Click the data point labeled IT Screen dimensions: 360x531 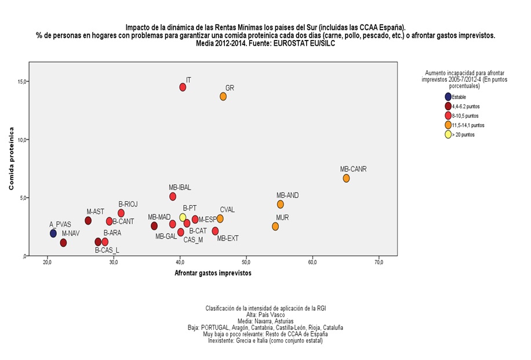point(183,87)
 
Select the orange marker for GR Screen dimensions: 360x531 point(223,96)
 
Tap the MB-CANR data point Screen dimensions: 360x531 point(346,179)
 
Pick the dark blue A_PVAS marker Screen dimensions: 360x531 point(53,233)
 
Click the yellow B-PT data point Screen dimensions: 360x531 point(183,217)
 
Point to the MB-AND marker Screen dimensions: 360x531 point(281,204)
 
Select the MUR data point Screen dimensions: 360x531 point(275,226)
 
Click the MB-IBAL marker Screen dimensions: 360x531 point(173,197)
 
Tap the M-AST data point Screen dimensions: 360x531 point(88,221)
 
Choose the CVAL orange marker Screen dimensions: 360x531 point(220,219)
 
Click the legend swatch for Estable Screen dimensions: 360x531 point(448,97)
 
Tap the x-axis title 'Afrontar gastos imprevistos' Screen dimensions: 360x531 point(213,274)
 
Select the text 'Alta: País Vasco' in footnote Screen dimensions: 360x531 point(265,315)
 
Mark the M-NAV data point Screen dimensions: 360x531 point(63,243)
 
